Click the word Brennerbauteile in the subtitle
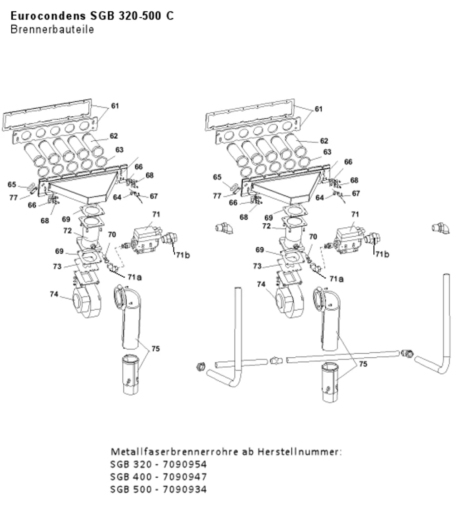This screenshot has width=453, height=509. coord(52,29)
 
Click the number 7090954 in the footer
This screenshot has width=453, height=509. coord(184,465)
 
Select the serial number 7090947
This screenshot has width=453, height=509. coord(184,477)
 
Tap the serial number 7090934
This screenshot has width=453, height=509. coord(184,489)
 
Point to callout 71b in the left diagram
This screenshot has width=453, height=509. coord(183,255)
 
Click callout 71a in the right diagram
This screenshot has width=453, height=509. coord(336,279)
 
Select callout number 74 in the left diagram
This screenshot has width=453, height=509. coord(54,294)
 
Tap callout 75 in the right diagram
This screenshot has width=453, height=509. coord(363,364)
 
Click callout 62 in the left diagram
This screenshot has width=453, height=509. coord(114,136)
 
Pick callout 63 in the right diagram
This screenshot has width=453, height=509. coord(328,152)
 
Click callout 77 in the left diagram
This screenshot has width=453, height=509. coord(13,197)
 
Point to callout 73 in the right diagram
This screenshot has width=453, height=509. coord(257,266)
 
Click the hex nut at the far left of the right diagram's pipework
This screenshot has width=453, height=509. coord(201,366)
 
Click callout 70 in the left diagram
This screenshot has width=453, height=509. coord(112,235)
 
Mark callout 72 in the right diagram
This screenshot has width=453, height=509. coord(267,226)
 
